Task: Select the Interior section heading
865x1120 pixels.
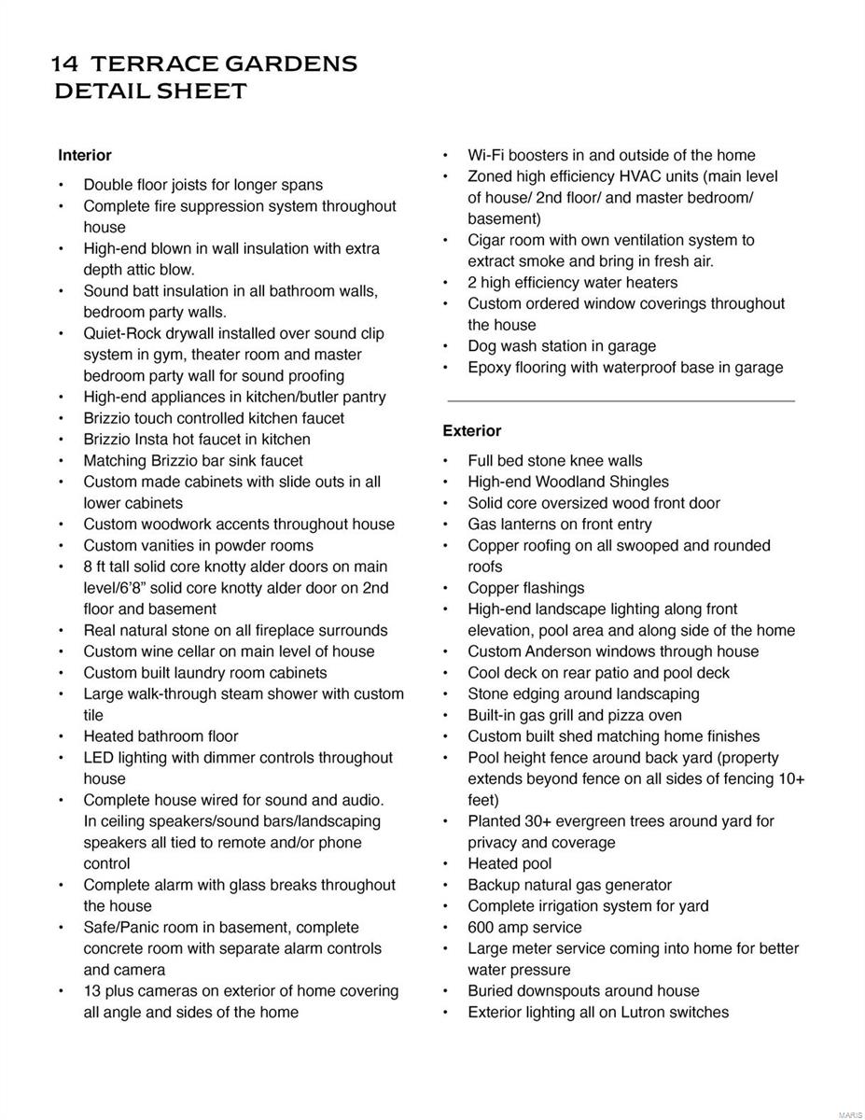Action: (x=85, y=155)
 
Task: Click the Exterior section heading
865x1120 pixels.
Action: (x=472, y=430)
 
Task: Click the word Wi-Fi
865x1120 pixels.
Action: (x=487, y=155)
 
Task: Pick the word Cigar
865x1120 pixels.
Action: (x=489, y=240)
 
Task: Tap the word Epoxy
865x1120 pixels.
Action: (x=491, y=368)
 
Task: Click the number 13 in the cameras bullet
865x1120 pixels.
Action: (x=92, y=990)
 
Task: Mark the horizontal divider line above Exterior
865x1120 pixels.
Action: (x=621, y=401)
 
